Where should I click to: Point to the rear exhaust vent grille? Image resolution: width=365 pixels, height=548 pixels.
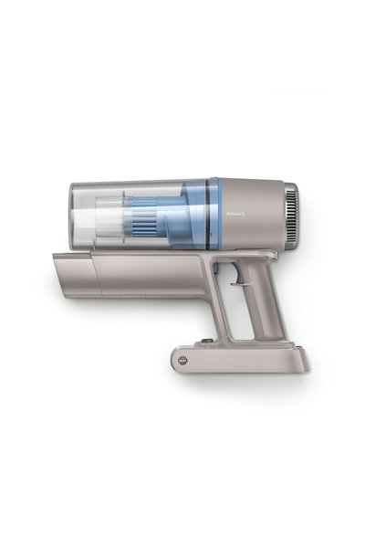pyautogui.click(x=291, y=208)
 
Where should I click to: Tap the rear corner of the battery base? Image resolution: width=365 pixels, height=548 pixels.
pyautogui.click(x=305, y=364)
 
